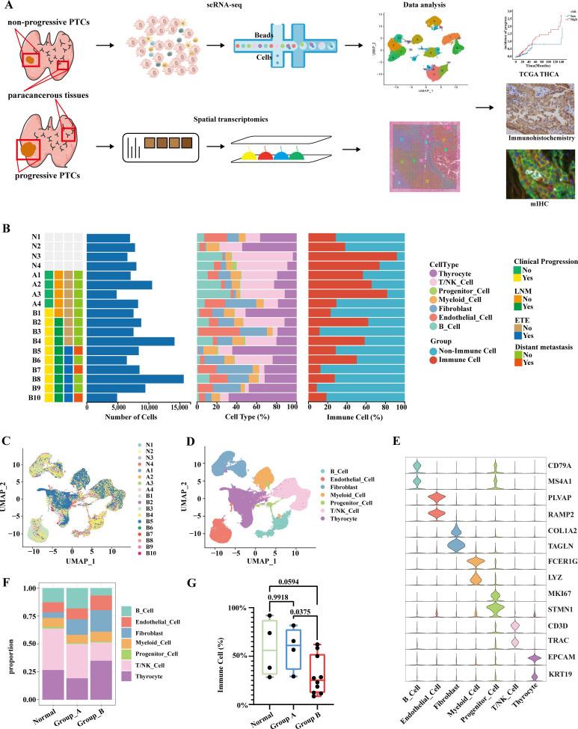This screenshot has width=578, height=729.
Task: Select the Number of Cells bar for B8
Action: point(135,379)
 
